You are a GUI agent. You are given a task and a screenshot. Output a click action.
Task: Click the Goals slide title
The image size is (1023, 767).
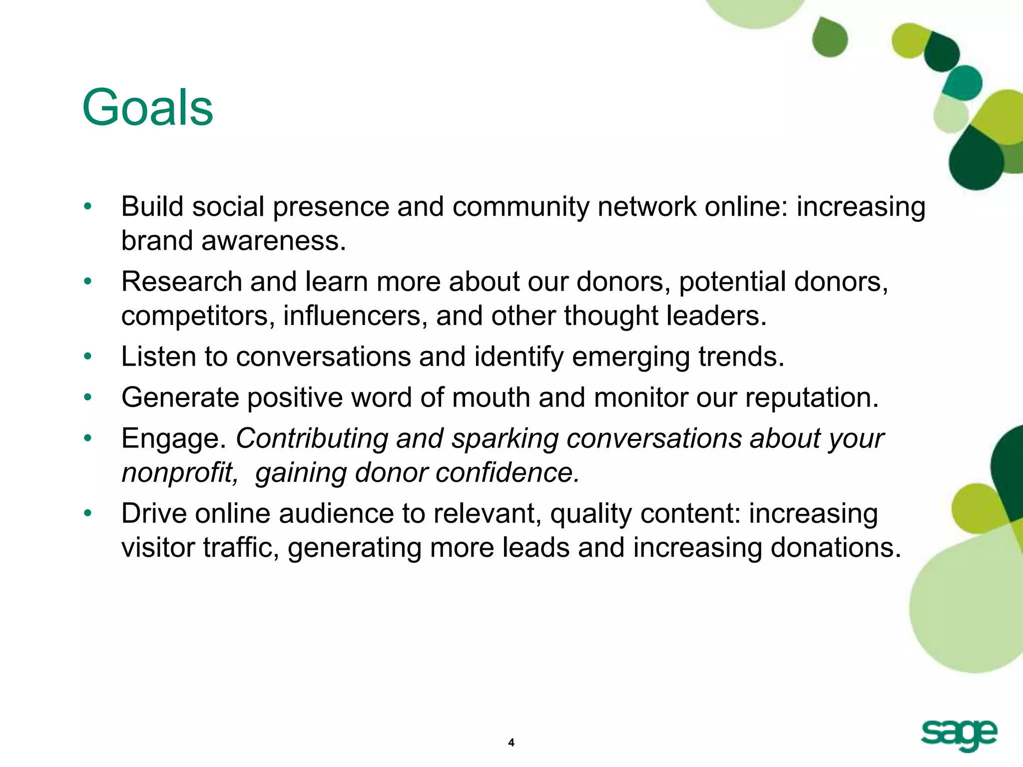[x=147, y=108]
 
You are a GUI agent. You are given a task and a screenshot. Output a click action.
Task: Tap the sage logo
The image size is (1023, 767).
[x=959, y=736]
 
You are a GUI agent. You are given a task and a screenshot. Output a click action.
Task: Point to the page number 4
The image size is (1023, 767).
[x=511, y=743]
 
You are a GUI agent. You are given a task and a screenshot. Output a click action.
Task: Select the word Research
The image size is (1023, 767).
[x=181, y=282]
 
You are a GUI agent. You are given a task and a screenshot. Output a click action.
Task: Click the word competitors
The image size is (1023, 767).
[x=197, y=316]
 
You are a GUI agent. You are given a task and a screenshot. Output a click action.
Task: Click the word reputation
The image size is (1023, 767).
[x=812, y=398]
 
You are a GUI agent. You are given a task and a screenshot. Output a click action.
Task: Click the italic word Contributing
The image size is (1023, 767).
[x=312, y=439]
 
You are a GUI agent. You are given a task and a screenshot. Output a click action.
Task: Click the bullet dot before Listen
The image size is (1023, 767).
[x=88, y=357]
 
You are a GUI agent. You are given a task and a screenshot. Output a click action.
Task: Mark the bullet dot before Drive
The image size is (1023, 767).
[x=88, y=513]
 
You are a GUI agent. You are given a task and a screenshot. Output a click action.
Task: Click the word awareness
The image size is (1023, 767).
[x=273, y=241]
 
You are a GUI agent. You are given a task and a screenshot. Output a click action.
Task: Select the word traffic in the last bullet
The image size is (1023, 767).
[x=241, y=548]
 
